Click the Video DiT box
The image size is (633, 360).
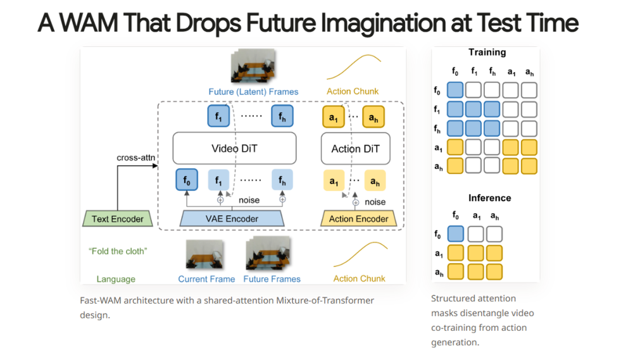(234, 149)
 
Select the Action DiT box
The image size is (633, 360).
(355, 149)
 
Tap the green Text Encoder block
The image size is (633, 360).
(118, 219)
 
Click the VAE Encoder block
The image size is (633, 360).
(232, 219)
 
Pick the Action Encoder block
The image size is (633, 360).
(358, 219)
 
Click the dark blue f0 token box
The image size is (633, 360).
(187, 180)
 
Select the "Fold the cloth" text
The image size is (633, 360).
(118, 251)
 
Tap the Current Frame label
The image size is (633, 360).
(206, 279)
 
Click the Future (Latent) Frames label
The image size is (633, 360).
(253, 92)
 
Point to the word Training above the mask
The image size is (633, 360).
(487, 53)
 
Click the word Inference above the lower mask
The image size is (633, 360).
(489, 198)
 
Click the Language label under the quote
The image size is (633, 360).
(116, 279)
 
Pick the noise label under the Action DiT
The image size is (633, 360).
(375, 202)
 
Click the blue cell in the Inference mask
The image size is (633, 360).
(456, 234)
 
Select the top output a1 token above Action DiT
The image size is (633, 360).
(334, 117)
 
